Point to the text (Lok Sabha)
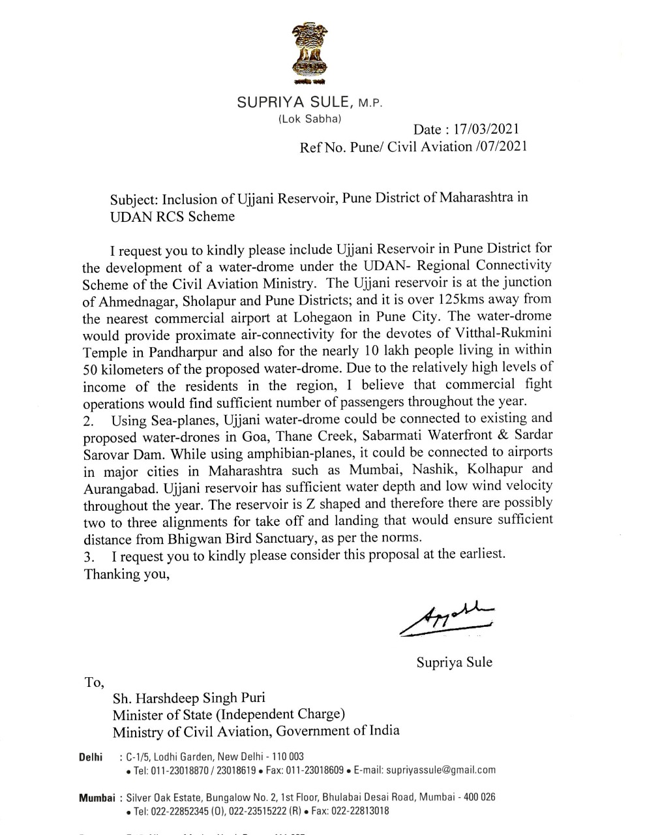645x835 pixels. (305, 119)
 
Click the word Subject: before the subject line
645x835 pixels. (134, 198)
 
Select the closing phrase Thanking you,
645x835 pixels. (127, 574)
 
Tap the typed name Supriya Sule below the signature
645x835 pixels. (455, 662)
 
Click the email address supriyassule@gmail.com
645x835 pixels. (441, 770)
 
